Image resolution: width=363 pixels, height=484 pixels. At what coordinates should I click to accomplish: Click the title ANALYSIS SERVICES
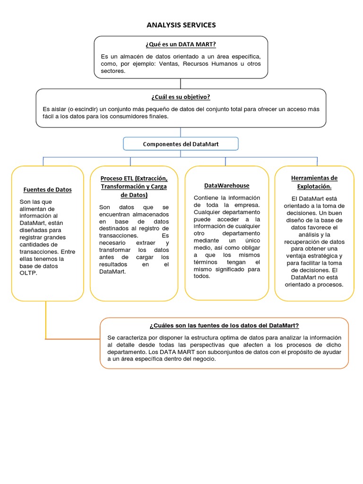click(181, 25)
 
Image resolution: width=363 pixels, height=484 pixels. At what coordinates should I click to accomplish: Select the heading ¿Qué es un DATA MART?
click(181, 44)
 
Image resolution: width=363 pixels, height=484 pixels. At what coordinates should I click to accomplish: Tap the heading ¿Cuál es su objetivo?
click(181, 97)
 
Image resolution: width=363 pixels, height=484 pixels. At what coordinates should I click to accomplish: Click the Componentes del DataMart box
click(181, 144)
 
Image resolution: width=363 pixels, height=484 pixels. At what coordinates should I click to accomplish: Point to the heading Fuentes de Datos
click(47, 190)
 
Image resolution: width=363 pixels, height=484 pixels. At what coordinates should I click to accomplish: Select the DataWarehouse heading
click(226, 186)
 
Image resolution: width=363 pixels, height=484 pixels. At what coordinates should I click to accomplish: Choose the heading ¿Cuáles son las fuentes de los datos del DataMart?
click(224, 326)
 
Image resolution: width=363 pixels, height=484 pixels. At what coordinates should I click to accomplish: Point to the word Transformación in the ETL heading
click(120, 186)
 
